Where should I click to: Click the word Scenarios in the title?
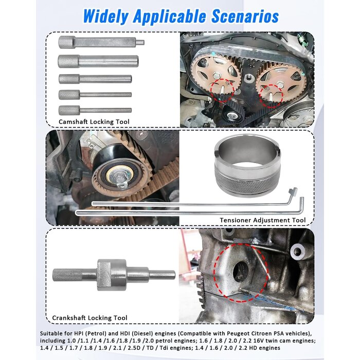[x=245, y=16]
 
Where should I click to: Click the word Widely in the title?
[x=105, y=17]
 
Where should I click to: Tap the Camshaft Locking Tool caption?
[x=94, y=122]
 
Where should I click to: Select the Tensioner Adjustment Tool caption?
[x=263, y=220]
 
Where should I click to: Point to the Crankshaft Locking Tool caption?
[x=89, y=318]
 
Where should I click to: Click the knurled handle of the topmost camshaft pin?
[x=66, y=42]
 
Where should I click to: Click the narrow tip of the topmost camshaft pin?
[x=140, y=42]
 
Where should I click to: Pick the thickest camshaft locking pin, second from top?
[x=98, y=61]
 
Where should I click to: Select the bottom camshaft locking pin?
[x=95, y=111]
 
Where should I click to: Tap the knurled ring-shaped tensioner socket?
[x=247, y=165]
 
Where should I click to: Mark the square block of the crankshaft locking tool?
[x=112, y=275]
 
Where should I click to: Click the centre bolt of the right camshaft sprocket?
[x=280, y=84]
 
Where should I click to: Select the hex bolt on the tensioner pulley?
[x=117, y=176]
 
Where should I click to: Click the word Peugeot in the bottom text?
[x=238, y=333]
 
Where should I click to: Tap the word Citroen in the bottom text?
[x=261, y=333]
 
